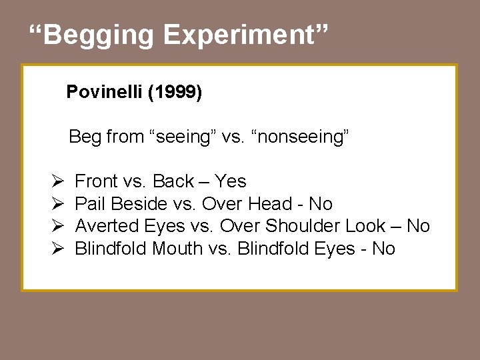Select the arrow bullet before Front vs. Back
57,181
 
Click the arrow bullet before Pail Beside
57,204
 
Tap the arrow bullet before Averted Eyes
57,226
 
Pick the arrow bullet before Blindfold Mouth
57,249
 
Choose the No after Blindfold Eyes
383,249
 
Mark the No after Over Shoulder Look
418,226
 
